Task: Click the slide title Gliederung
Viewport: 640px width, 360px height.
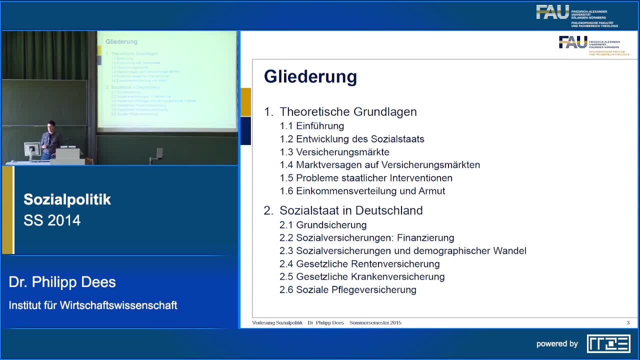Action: click(310, 76)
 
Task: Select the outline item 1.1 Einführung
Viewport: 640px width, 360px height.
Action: click(312, 126)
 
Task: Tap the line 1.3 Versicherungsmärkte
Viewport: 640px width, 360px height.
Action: click(334, 152)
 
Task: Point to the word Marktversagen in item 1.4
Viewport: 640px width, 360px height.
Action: click(328, 165)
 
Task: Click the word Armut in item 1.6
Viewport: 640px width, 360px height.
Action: click(432, 191)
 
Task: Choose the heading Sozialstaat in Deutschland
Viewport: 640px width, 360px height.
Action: click(351, 210)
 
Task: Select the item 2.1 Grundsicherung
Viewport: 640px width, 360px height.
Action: click(323, 225)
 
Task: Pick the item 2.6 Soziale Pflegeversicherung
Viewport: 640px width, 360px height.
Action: click(348, 290)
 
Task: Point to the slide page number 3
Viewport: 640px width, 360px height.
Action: click(628, 322)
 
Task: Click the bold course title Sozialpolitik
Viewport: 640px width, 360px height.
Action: click(67, 199)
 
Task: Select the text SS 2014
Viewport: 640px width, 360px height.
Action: click(52, 220)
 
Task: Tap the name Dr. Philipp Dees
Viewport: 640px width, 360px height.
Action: click(62, 282)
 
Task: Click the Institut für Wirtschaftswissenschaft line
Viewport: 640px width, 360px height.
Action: click(93, 305)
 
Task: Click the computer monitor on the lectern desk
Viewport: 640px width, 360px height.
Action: click(32, 150)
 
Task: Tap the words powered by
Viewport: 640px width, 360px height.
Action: click(557, 344)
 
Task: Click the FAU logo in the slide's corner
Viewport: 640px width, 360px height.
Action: click(573, 42)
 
